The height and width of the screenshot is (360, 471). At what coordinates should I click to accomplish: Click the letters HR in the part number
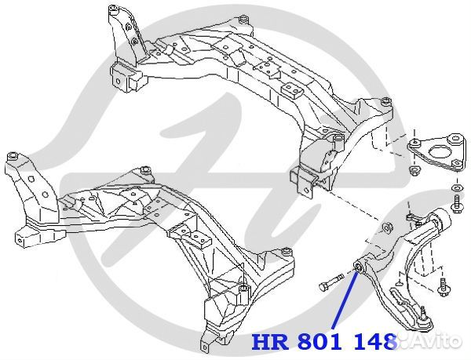click(x=269, y=343)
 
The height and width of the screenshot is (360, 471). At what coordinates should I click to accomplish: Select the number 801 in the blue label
click(x=317, y=343)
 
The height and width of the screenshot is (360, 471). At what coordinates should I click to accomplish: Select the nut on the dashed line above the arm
click(x=386, y=228)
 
